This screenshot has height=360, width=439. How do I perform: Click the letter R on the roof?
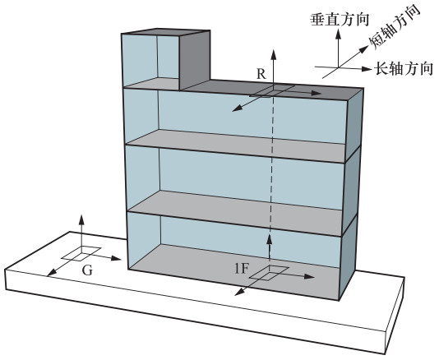pyautogui.click(x=261, y=74)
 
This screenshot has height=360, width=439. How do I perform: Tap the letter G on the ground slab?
pyautogui.click(x=87, y=270)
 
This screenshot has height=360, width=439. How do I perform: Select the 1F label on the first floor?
pyautogui.click(x=242, y=269)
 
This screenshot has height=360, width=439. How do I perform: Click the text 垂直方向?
pyautogui.click(x=340, y=20)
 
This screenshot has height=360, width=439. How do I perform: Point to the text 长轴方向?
pyautogui.click(x=404, y=68)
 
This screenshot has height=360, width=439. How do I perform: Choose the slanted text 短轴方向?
pyautogui.click(x=395, y=27)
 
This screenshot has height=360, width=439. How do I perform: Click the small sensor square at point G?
pyautogui.click(x=81, y=253)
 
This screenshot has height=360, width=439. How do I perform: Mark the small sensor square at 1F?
pyautogui.click(x=269, y=272)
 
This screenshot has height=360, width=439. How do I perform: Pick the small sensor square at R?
pyautogui.click(x=272, y=91)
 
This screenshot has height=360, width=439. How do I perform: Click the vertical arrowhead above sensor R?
pyautogui.click(x=274, y=54)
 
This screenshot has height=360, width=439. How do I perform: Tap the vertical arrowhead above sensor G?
pyautogui.click(x=81, y=219)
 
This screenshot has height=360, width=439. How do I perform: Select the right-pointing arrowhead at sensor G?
pyautogui.click(x=116, y=258)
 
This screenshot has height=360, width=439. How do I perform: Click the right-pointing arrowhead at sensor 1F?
pyautogui.click(x=309, y=277)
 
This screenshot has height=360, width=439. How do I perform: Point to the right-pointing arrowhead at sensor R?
pyautogui.click(x=316, y=93)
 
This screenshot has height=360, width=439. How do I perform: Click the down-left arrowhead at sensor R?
pyautogui.click(x=237, y=108)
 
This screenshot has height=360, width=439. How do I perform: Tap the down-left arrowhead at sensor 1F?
pyautogui.click(x=238, y=293)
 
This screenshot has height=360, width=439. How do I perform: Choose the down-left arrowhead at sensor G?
pyautogui.click(x=52, y=273)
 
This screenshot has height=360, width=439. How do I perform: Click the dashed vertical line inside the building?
pyautogui.click(x=271, y=164)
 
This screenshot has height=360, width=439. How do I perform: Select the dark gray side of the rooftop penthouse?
pyautogui.click(x=195, y=60)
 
